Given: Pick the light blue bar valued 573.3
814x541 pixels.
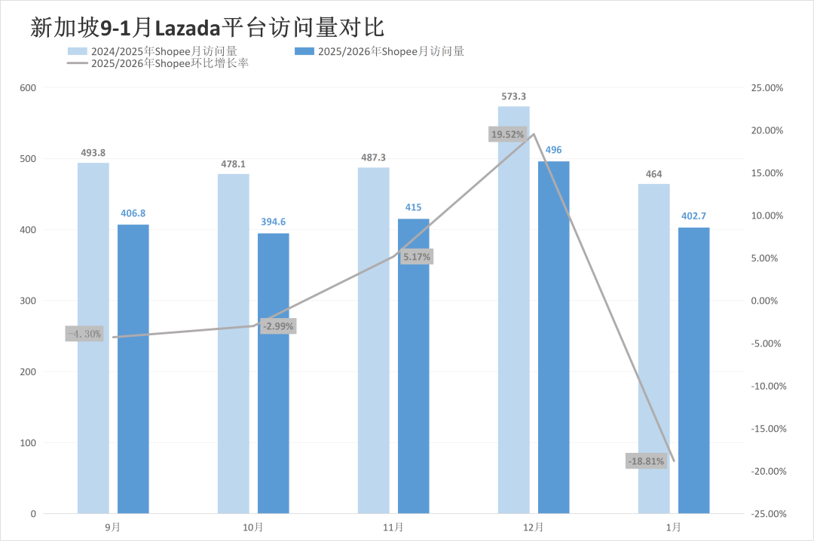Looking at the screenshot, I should pos(513,310).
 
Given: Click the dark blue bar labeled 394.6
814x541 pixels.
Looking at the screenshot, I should pos(273,373).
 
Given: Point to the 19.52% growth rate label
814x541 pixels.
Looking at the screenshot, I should pos(506,134).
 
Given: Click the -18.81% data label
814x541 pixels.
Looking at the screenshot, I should pos(646,461).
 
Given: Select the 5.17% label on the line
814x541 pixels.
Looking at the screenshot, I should pos(417,257).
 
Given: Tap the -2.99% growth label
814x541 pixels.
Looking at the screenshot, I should pos(277,326).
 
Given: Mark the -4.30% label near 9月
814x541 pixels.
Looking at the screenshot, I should pos(84,334).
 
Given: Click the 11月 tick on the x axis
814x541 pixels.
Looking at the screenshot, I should pos(393,527).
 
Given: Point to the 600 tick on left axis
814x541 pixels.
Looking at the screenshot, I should pos(28,88).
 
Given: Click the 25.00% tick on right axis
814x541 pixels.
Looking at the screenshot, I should pos(768,88).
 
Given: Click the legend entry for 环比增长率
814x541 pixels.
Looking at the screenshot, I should pos(159,64).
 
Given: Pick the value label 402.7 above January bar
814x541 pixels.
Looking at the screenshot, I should pos(693,216).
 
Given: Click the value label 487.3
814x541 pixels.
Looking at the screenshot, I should pos(373,157).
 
